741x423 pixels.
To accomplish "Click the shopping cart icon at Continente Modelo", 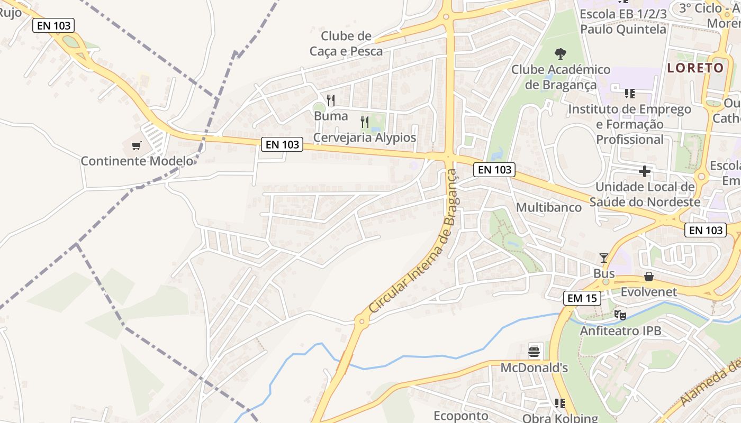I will tap(137, 145).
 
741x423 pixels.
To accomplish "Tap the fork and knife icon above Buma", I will tap(331, 100).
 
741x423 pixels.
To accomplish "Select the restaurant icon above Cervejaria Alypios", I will tap(365, 122).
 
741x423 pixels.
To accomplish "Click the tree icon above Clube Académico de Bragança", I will tap(560, 53).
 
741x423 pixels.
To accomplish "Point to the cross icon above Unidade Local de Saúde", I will tap(644, 171).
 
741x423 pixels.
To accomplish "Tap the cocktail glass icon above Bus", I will tap(603, 258).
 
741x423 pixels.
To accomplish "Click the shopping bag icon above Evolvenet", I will tap(649, 277).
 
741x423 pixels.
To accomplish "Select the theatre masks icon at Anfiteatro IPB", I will tap(620, 315).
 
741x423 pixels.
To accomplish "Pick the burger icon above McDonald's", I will tap(534, 351).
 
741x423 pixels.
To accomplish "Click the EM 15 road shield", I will tap(582, 298).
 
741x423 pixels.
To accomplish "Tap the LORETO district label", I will tap(695, 68).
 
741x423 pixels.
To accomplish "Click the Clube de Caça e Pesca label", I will tap(346, 43).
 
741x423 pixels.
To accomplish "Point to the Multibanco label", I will tap(549, 207).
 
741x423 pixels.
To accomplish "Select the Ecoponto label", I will tap(460, 416).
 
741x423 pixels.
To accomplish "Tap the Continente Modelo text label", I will tap(137, 161).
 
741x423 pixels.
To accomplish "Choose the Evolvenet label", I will tap(649, 292).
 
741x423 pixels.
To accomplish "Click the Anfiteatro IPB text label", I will tap(620, 331).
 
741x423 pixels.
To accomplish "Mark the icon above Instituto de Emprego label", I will tap(630, 94).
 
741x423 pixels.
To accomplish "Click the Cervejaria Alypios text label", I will tap(365, 137).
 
